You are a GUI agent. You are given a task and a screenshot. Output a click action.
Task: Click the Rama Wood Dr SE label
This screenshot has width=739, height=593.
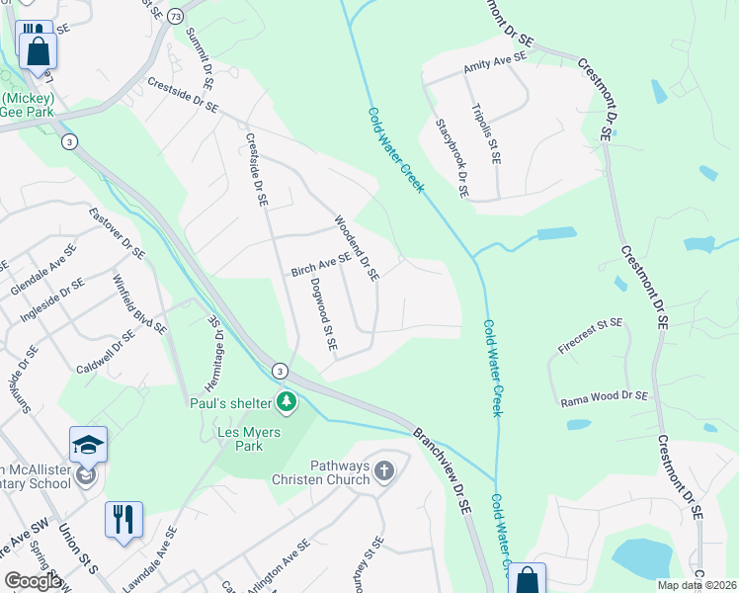604,396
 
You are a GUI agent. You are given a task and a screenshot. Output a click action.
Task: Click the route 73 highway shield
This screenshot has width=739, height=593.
175,18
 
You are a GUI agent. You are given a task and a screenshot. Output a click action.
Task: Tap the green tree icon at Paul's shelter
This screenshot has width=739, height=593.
287,401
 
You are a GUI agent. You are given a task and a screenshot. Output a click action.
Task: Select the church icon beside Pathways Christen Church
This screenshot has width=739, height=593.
384,473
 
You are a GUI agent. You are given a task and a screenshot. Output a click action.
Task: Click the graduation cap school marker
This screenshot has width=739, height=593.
88,444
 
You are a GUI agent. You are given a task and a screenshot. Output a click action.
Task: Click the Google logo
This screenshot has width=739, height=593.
34,581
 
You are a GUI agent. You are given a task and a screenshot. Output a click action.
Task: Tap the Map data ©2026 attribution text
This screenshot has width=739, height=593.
697,585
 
